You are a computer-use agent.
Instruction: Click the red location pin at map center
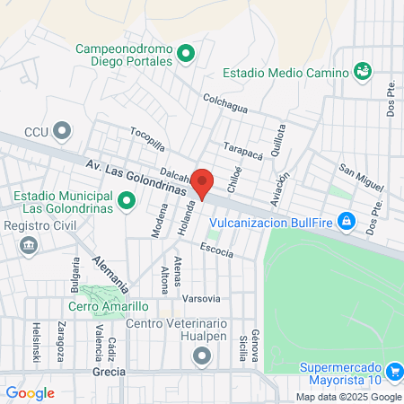pos(202,183)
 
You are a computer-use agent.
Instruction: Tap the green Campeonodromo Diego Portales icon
pos(187,55)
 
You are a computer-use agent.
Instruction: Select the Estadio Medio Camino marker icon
pos(363,70)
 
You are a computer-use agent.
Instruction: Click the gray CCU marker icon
pos(62,131)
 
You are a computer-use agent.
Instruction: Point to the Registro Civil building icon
pos(28,244)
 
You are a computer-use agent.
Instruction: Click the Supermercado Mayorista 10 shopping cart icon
pos(393,372)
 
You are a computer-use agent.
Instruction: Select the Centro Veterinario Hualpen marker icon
pos(199,356)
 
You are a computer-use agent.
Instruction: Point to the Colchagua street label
pos(224,104)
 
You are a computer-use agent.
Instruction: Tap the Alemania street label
pos(110,273)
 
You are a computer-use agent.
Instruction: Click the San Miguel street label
pos(360,177)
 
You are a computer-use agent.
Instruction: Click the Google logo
pos(30,392)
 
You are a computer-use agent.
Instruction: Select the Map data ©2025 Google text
pos(349,397)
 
